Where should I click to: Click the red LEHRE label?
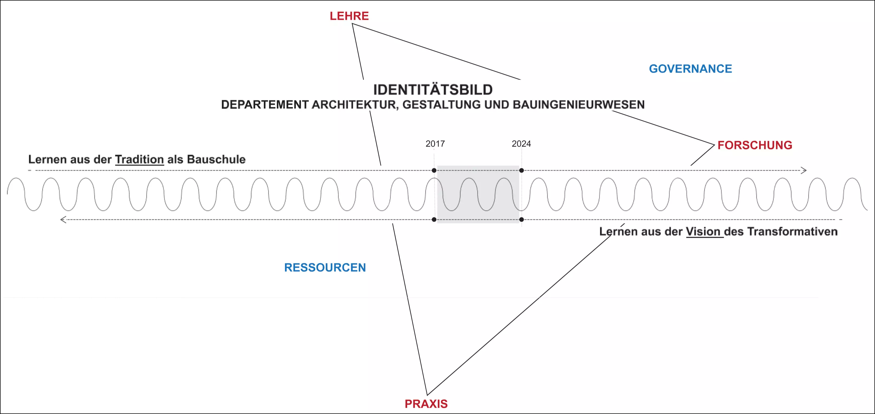click(x=349, y=16)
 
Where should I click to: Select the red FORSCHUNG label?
click(x=755, y=145)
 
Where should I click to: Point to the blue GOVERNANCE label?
click(x=690, y=69)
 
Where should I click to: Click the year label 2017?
click(x=435, y=144)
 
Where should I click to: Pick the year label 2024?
click(x=521, y=144)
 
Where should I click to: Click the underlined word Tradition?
click(x=140, y=159)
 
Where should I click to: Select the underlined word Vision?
click(x=703, y=232)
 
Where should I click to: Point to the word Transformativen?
click(x=792, y=232)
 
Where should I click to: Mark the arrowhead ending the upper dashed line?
click(x=804, y=170)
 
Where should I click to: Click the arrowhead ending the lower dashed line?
click(x=63, y=220)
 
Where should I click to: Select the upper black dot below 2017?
click(x=434, y=170)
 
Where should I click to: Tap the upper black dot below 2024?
click(x=521, y=170)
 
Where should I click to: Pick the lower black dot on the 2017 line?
click(x=434, y=220)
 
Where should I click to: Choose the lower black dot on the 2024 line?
click(x=521, y=220)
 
